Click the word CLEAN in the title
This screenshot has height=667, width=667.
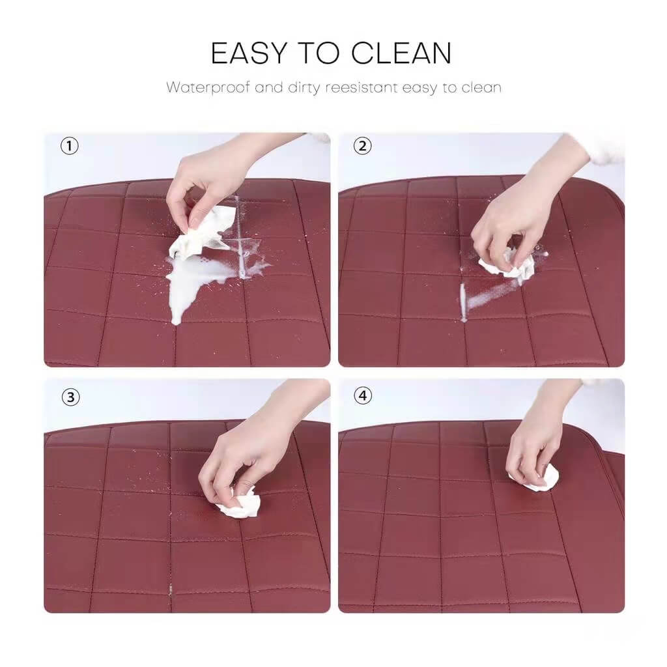(401, 53)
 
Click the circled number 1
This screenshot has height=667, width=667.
(70, 146)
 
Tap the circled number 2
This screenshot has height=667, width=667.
(363, 146)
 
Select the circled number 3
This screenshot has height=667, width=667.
(70, 395)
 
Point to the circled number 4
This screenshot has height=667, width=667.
(363, 395)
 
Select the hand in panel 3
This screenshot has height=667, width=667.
(241, 456)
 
